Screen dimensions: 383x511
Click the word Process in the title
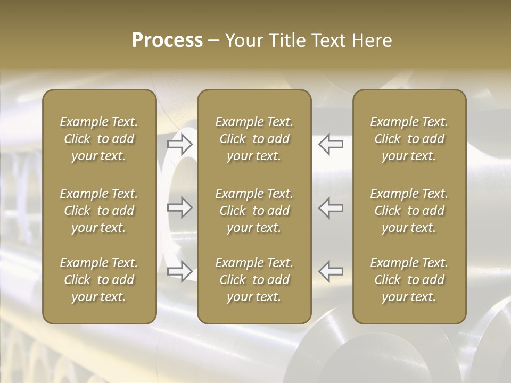point(167,40)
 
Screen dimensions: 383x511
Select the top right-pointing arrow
point(180,144)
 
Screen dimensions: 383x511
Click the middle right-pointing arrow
point(180,207)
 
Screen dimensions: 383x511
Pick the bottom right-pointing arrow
point(180,271)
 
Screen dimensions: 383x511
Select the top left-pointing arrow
point(331,144)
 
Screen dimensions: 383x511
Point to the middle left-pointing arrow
point(331,207)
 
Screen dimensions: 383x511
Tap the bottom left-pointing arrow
point(331,271)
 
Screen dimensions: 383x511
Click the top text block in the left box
point(99,139)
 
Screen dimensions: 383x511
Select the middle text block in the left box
point(99,211)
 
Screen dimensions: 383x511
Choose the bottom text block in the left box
point(99,280)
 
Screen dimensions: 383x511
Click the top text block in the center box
point(254,139)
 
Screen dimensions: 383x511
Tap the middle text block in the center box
point(254,211)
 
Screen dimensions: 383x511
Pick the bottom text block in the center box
point(254,280)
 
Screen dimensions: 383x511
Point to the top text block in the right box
point(409,139)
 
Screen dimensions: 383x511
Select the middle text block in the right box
point(409,211)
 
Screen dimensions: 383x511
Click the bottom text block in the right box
point(409,280)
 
